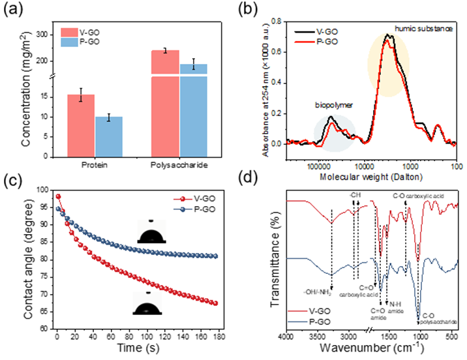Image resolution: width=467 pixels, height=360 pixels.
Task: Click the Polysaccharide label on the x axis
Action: [x=179, y=166]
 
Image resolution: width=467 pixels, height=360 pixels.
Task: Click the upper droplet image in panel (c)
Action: [x=151, y=233]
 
